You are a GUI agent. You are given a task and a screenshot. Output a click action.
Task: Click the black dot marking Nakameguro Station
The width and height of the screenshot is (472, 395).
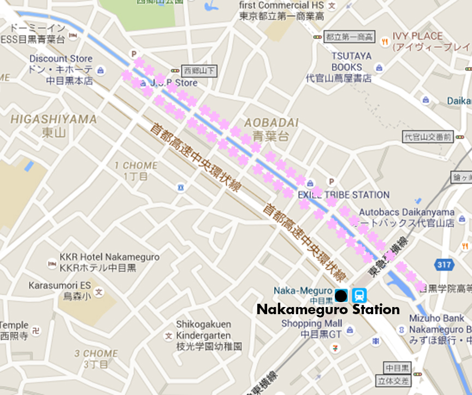point(341,296)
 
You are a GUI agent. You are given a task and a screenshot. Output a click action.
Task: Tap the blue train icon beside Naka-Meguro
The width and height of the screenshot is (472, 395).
point(359,296)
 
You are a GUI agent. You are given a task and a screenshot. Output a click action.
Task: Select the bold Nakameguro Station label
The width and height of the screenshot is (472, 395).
point(328,310)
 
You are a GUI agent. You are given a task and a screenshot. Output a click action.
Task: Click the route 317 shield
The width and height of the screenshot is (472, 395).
point(445,265)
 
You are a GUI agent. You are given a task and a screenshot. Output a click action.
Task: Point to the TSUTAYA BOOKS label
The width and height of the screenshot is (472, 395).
point(351,61)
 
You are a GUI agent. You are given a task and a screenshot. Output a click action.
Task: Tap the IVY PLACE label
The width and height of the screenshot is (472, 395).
point(418,36)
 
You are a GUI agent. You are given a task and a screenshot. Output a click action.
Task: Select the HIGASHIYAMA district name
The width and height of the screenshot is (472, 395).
point(54,119)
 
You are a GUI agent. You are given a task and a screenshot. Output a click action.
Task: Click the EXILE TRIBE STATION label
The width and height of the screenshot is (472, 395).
point(344,195)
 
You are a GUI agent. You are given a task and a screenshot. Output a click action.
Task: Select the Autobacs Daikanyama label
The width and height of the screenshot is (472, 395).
point(406,212)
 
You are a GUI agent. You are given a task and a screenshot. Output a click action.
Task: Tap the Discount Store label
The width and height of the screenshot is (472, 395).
point(61,58)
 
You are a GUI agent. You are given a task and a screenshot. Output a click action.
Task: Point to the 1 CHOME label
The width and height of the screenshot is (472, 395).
point(136,166)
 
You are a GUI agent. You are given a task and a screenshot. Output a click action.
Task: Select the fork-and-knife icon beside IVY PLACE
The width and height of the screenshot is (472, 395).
point(385,40)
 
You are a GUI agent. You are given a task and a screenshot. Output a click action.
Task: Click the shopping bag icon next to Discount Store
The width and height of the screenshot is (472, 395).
point(100,69)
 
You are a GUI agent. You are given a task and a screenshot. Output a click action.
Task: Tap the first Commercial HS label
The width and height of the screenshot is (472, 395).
point(282,5)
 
